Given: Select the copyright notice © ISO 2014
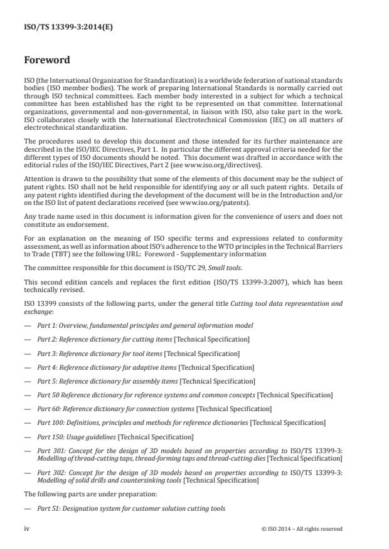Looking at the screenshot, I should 302,528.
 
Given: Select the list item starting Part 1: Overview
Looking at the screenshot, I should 145,326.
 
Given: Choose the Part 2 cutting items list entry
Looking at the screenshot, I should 143,339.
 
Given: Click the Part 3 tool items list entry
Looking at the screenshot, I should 138,353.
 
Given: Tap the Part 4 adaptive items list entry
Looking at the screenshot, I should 146,367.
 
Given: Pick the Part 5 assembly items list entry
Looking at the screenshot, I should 146,380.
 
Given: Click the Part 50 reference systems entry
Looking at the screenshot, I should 185,394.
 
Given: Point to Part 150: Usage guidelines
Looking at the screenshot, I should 115,436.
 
